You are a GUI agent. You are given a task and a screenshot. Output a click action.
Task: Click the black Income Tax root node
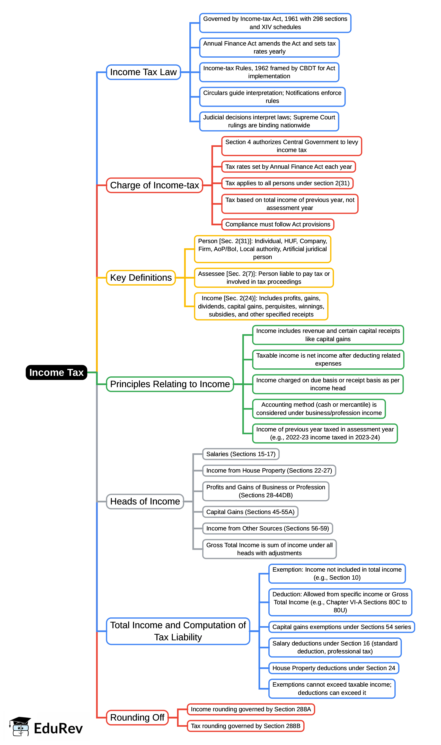[56, 372]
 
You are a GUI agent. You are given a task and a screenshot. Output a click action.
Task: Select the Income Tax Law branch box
[144, 72]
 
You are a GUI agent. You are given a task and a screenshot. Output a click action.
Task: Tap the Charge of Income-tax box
[155, 185]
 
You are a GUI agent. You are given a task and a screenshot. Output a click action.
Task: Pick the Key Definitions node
[141, 278]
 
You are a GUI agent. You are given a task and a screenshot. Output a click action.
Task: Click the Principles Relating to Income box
[170, 384]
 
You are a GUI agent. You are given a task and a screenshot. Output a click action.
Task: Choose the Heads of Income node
[145, 501]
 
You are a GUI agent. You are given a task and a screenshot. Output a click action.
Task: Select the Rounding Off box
[137, 717]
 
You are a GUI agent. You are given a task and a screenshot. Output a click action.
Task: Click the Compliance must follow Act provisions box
[278, 224]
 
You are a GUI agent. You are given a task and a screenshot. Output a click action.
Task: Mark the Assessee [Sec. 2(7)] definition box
[264, 278]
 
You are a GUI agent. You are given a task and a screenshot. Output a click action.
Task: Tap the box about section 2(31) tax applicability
[287, 183]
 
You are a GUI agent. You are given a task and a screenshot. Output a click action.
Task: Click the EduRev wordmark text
[58, 728]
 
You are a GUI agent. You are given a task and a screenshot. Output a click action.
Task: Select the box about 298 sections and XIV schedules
[275, 23]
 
